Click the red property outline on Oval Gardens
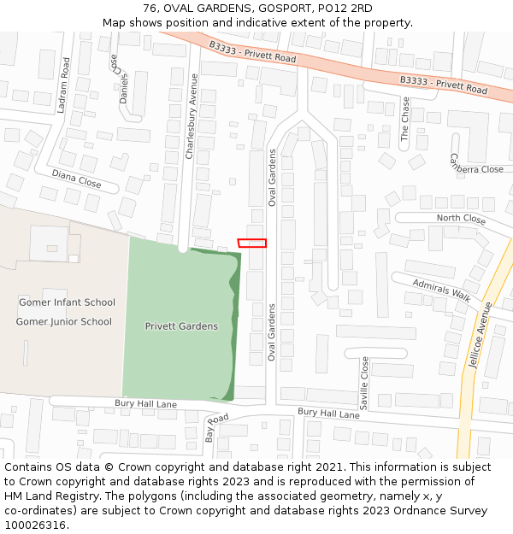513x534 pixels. tap(252, 243)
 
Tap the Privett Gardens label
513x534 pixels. tap(181, 326)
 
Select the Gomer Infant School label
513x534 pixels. tap(67, 302)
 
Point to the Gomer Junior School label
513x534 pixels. tap(63, 322)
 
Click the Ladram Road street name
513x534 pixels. tap(65, 79)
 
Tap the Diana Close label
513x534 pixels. tap(76, 179)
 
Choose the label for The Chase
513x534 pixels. tap(405, 119)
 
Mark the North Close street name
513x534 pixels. tap(461, 220)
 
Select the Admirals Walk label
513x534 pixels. tap(441, 290)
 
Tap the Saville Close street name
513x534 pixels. tap(364, 384)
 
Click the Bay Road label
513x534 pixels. tap(216, 427)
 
